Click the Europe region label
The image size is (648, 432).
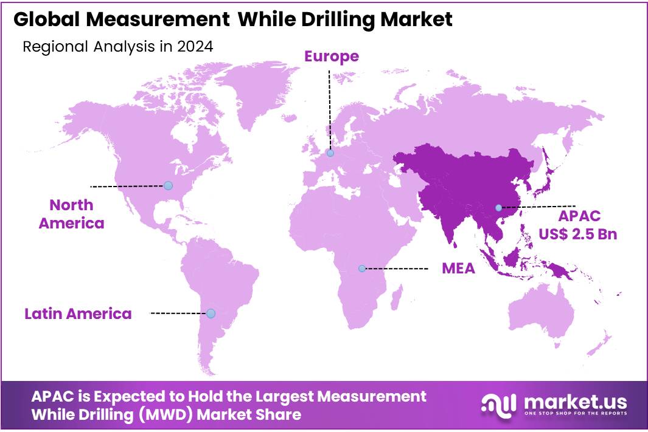pyautogui.click(x=332, y=57)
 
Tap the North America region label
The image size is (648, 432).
pyautogui.click(x=71, y=214)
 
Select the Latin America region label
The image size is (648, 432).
pyautogui.click(x=78, y=314)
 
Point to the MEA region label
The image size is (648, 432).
pyautogui.click(x=458, y=268)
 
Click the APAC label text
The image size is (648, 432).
pyautogui.click(x=579, y=216)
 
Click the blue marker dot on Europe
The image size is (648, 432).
pyautogui.click(x=330, y=153)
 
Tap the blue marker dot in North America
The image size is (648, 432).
pyautogui.click(x=168, y=185)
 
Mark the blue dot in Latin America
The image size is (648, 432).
pyautogui.click(x=211, y=314)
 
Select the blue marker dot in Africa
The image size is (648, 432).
pyautogui.click(x=362, y=268)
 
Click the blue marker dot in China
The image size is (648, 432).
pyautogui.click(x=498, y=207)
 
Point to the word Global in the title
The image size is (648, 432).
pyautogui.click(x=46, y=19)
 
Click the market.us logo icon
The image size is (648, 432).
pyautogui.click(x=499, y=403)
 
